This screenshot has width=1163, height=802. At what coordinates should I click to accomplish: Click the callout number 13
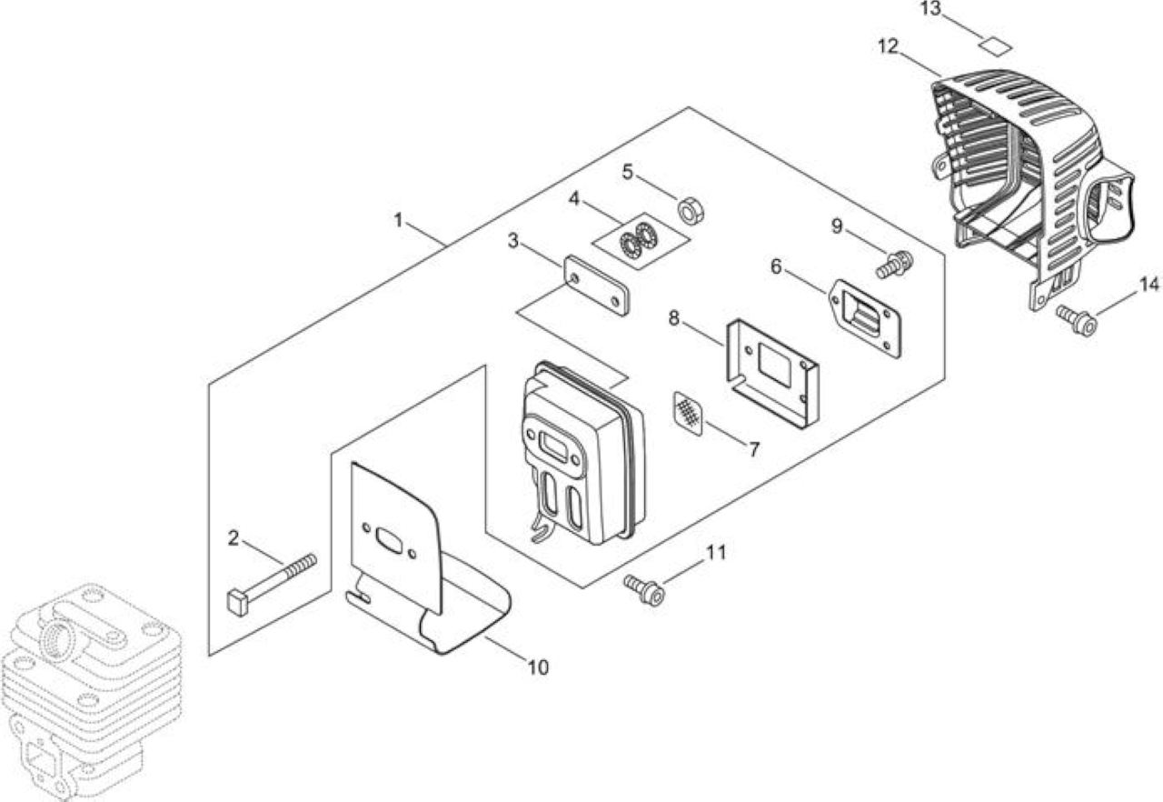929,8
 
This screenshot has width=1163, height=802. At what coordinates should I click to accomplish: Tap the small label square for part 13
996,46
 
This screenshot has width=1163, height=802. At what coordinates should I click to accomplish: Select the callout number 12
888,46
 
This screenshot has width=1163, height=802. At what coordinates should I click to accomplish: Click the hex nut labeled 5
691,210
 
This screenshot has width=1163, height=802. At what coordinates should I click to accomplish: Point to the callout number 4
573,199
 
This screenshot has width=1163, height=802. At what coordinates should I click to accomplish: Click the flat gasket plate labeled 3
597,286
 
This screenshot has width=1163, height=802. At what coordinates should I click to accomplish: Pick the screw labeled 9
895,264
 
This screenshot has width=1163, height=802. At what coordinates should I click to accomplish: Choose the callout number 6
776,267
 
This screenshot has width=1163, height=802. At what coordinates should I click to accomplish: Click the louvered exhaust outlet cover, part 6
865,318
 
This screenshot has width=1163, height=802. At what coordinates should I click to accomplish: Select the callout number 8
674,318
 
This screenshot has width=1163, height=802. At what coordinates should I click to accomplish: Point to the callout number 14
1148,286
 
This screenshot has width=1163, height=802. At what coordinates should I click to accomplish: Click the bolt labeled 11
644,589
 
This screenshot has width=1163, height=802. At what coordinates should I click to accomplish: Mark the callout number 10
538,667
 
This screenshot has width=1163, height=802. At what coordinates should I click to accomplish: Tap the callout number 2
234,538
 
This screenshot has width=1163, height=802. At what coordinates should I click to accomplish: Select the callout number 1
398,220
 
